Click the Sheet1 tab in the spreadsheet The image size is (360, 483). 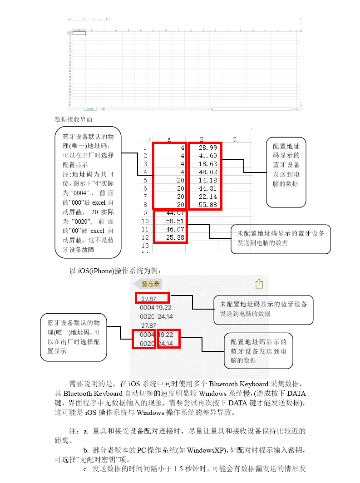coord(90,109)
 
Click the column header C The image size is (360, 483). coord(234,139)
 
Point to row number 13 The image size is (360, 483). coord(145,246)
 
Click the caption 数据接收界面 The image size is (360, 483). coord(74,119)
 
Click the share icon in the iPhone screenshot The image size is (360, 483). coord(259,284)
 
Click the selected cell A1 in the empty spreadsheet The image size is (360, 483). coord(79,33)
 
